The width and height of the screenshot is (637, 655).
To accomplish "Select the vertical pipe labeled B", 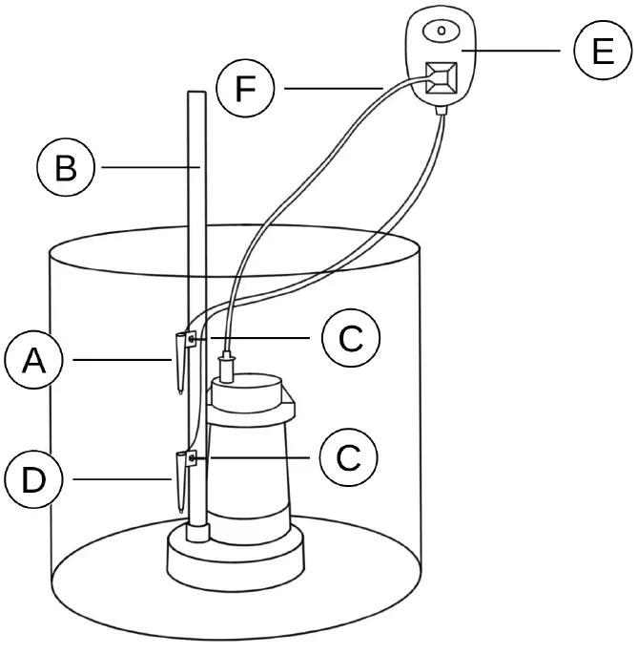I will tap(196, 239).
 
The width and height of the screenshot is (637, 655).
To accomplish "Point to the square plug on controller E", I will tap(441, 79).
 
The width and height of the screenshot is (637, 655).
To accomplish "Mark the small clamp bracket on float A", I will tap(193, 339).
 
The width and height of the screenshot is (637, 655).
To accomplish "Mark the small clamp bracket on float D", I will tap(193, 458).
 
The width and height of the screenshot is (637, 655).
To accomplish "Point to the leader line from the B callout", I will tap(148, 168).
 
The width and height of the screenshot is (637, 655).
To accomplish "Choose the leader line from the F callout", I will tap(329, 90).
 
